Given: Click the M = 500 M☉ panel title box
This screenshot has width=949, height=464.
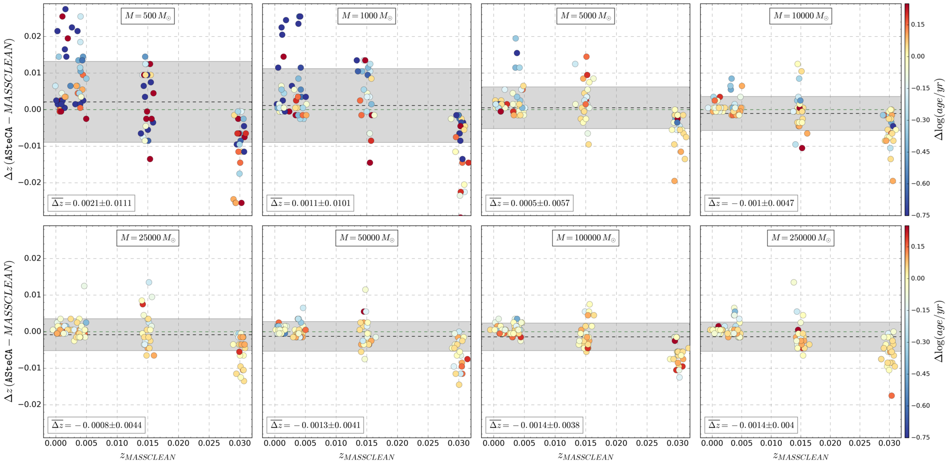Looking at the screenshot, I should click(147, 16).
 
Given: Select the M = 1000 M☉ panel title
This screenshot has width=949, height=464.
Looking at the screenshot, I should click(366, 16).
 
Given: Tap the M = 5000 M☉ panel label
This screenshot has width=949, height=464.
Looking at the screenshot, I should click(585, 16).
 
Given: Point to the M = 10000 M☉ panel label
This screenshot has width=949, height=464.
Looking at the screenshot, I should click(801, 16).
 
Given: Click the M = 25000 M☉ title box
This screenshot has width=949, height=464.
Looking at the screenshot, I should click(147, 238).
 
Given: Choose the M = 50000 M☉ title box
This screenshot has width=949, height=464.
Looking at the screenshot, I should click(366, 238).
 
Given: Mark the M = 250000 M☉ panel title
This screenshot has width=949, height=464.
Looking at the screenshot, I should click(801, 238).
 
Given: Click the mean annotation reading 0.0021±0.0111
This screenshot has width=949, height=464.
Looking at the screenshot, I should click(91, 203).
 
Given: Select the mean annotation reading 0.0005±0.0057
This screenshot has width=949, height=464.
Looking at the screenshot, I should click(529, 203).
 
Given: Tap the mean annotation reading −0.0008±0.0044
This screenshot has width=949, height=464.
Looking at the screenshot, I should click(96, 425).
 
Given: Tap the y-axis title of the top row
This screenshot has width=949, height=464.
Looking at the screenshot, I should click(9, 109).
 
